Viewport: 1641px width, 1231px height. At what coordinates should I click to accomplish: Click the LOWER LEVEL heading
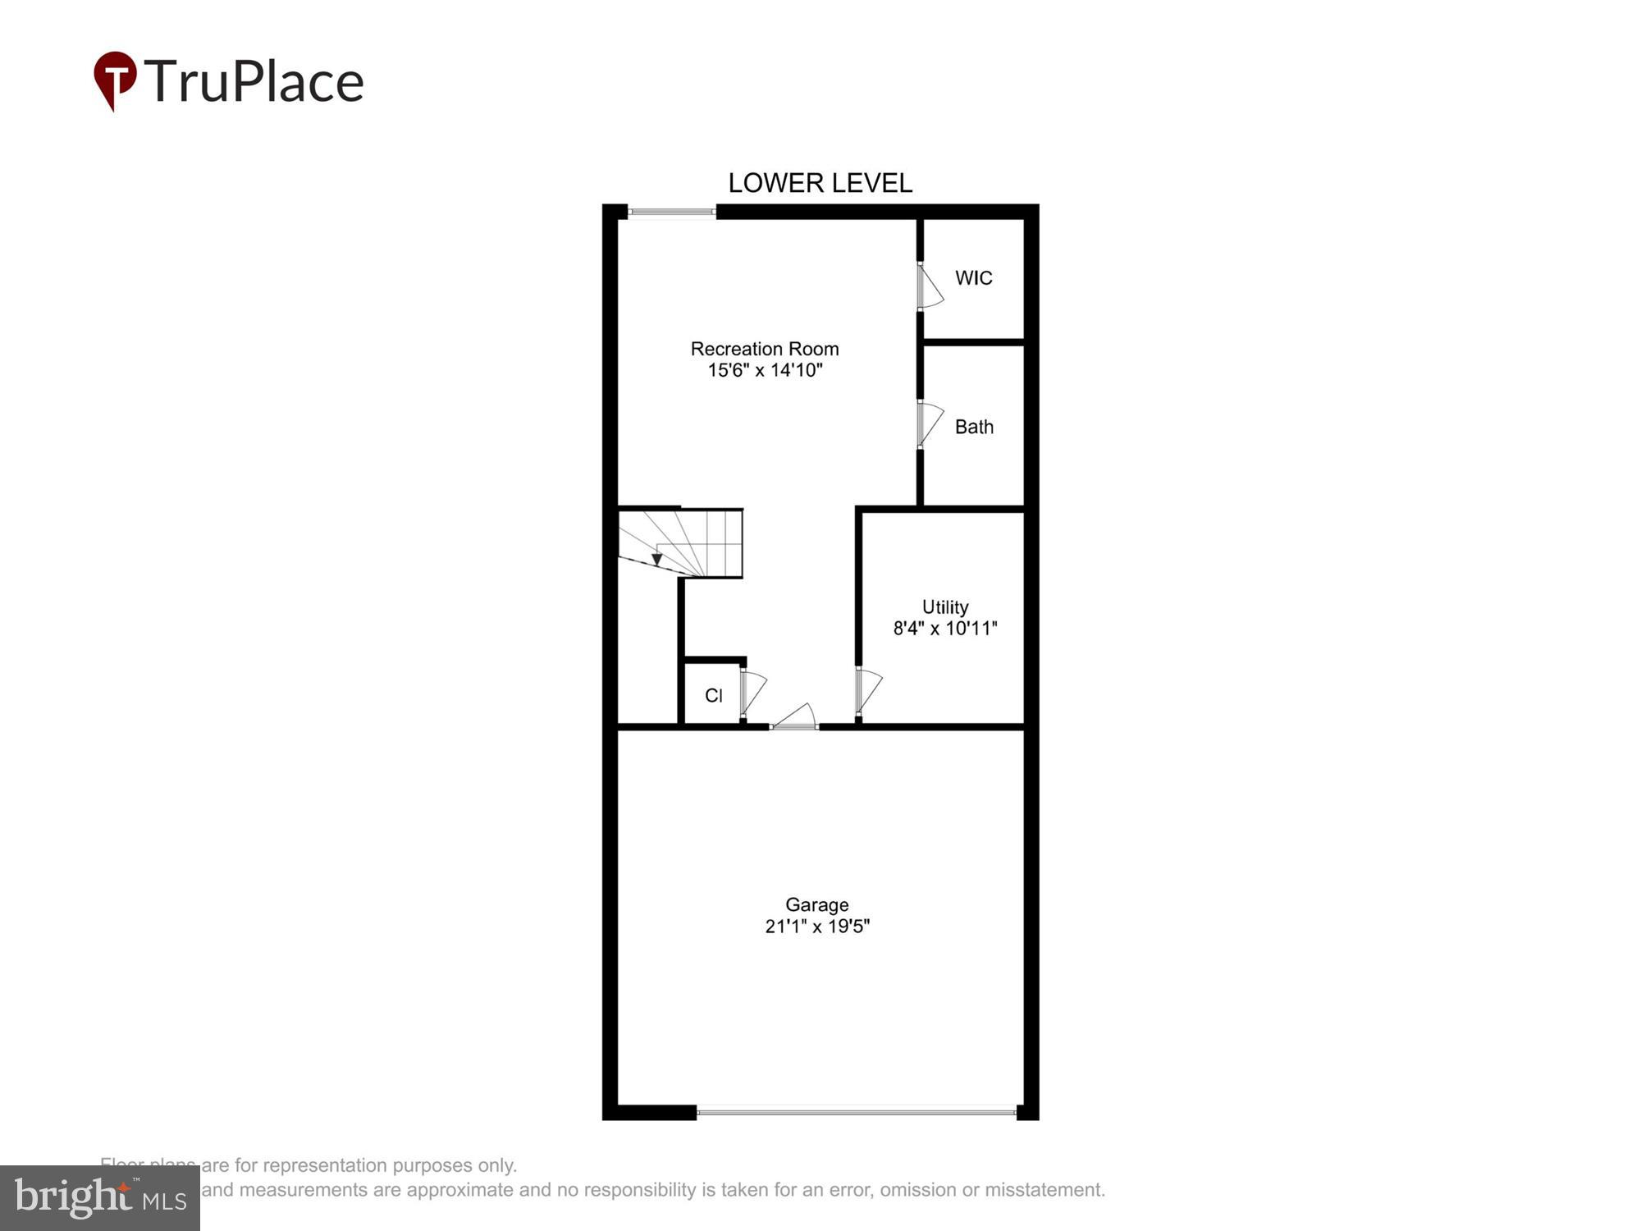pyautogui.click(x=820, y=183)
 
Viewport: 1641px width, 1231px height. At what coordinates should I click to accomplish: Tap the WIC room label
pyautogui.click(x=973, y=278)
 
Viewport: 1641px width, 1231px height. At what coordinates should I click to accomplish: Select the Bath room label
pyautogui.click(x=974, y=427)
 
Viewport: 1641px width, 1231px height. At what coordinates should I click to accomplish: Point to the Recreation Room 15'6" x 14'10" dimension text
pyautogui.click(x=765, y=370)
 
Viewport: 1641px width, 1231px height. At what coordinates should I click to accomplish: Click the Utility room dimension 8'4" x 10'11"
pyautogui.click(x=944, y=629)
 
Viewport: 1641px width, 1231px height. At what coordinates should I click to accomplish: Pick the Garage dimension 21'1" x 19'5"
pyautogui.click(x=816, y=927)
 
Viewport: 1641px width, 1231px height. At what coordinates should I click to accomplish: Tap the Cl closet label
pyautogui.click(x=713, y=696)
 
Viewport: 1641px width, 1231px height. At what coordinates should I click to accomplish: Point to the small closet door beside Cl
pyautogui.click(x=752, y=693)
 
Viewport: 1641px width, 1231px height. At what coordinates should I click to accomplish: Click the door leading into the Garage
pyautogui.click(x=794, y=717)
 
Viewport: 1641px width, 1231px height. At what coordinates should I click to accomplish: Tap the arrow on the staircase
pyautogui.click(x=656, y=559)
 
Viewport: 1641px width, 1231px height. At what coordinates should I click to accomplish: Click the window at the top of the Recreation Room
pyautogui.click(x=672, y=213)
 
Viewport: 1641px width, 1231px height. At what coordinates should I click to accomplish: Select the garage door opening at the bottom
pyautogui.click(x=856, y=1112)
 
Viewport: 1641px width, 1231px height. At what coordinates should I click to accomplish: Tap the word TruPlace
pyautogui.click(x=254, y=82)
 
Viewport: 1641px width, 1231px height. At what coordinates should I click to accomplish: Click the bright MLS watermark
pyautogui.click(x=100, y=1199)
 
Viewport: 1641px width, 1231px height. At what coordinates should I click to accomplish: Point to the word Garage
pyautogui.click(x=816, y=904)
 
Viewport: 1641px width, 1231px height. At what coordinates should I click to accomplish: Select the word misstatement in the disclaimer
pyautogui.click(x=1040, y=1189)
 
